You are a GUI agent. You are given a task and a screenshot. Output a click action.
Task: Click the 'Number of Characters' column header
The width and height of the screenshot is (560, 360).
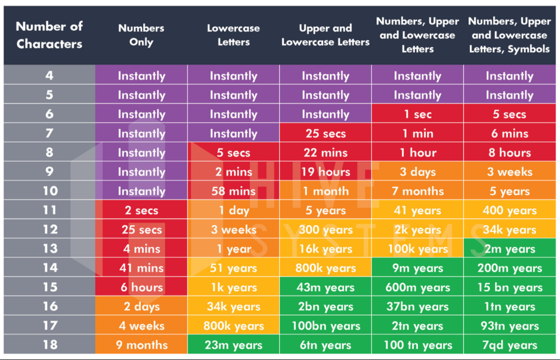click(x=49, y=35)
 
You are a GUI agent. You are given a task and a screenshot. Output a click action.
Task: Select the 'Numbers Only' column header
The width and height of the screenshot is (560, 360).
click(x=141, y=35)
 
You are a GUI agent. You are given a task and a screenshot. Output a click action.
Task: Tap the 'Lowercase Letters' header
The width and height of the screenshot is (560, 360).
click(x=234, y=35)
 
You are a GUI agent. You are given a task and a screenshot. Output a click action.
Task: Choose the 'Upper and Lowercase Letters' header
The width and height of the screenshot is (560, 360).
click(x=325, y=35)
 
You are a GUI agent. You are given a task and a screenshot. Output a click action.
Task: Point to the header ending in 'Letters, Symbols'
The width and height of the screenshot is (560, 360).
click(x=509, y=35)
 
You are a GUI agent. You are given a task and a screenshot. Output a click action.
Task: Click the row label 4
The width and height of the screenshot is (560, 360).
click(x=49, y=76)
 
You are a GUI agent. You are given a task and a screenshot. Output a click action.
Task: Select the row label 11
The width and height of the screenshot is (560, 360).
click(x=49, y=211)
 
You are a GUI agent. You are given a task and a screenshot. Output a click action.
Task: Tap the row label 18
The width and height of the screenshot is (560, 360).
click(x=49, y=345)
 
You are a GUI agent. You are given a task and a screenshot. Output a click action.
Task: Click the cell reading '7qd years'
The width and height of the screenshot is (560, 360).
click(x=509, y=345)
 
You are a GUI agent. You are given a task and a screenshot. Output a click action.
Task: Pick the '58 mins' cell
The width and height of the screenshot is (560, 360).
click(x=234, y=191)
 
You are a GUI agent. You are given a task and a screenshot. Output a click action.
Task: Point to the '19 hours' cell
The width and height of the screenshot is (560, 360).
click(x=325, y=172)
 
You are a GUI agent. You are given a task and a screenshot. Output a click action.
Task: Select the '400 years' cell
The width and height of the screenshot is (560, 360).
click(x=509, y=211)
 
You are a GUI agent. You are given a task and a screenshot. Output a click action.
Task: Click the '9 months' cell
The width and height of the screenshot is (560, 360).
click(x=141, y=345)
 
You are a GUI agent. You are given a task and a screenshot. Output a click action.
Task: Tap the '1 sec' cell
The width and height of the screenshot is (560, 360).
click(x=417, y=114)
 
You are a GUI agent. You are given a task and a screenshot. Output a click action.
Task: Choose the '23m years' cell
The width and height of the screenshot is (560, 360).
click(x=234, y=345)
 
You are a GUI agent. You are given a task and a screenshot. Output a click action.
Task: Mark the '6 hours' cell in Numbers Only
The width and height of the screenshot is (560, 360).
click(x=141, y=287)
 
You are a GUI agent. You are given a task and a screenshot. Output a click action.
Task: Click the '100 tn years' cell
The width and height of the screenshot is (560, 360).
click(x=417, y=345)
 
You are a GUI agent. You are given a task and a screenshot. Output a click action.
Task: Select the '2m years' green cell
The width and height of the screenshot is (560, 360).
click(x=509, y=249)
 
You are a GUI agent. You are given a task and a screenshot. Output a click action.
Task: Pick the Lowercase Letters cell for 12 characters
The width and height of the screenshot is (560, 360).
click(x=234, y=230)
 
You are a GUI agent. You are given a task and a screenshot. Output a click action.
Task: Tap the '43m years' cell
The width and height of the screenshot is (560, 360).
click(x=325, y=287)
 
